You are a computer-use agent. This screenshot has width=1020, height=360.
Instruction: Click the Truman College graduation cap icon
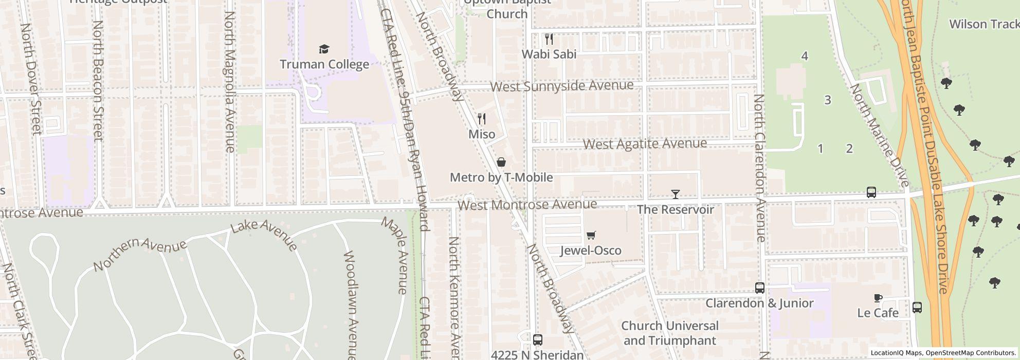[323, 49]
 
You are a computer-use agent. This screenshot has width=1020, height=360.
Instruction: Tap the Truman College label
[324, 64]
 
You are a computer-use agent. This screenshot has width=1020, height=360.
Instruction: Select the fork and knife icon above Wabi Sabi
[549, 39]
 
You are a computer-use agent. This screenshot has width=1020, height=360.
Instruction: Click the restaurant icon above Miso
[481, 119]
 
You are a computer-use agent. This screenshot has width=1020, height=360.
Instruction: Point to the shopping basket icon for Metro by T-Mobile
[501, 163]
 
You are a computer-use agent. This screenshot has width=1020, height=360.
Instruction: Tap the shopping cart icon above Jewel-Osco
[591, 236]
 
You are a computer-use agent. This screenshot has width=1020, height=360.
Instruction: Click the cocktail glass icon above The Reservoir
[675, 194]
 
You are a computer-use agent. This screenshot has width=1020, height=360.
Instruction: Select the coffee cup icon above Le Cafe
[878, 298]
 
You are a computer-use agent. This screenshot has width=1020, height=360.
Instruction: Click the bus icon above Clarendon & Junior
[759, 288]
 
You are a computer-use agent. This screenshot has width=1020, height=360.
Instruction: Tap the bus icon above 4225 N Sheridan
[537, 340]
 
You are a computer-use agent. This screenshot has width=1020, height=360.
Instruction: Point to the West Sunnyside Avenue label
[561, 86]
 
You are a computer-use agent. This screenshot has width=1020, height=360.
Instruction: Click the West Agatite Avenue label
[645, 143]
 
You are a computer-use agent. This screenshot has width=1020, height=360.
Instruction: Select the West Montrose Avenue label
[527, 205]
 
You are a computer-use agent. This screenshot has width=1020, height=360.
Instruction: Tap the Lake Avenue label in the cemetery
[264, 235]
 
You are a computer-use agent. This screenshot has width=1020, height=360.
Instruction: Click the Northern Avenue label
[140, 254]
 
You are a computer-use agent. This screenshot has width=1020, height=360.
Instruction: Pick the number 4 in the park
[805, 56]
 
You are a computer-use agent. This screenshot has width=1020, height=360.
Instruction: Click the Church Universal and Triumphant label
[669, 333]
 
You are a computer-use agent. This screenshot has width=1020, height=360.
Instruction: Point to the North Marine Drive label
[879, 135]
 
